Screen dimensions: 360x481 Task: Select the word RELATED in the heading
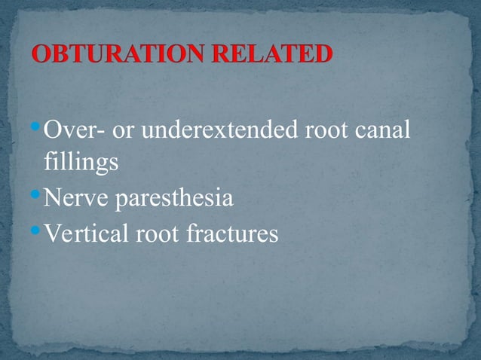click(x=274, y=55)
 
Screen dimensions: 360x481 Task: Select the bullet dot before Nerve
click(x=37, y=195)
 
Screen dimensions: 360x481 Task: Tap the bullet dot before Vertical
click(x=37, y=230)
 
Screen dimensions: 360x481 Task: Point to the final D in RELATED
click(x=322, y=55)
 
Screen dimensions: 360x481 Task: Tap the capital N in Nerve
click(x=54, y=199)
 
